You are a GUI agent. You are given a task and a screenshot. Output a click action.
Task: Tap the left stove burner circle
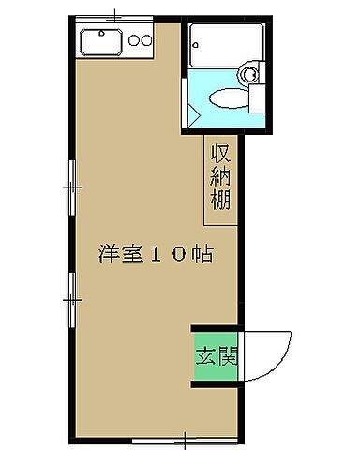click(x=133, y=40)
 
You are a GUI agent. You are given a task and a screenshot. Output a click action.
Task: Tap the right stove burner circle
click(x=146, y=40)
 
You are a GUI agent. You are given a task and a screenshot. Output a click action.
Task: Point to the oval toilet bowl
click(x=226, y=97)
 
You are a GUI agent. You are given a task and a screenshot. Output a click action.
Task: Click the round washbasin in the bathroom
click(x=249, y=74)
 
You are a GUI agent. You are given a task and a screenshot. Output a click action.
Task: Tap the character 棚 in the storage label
click(x=221, y=199)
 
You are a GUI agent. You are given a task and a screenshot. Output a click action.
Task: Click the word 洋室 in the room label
click(x=117, y=253)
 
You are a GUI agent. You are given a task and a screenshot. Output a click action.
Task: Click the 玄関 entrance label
click(x=216, y=356)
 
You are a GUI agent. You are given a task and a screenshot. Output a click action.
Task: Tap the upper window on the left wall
click(x=70, y=187)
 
